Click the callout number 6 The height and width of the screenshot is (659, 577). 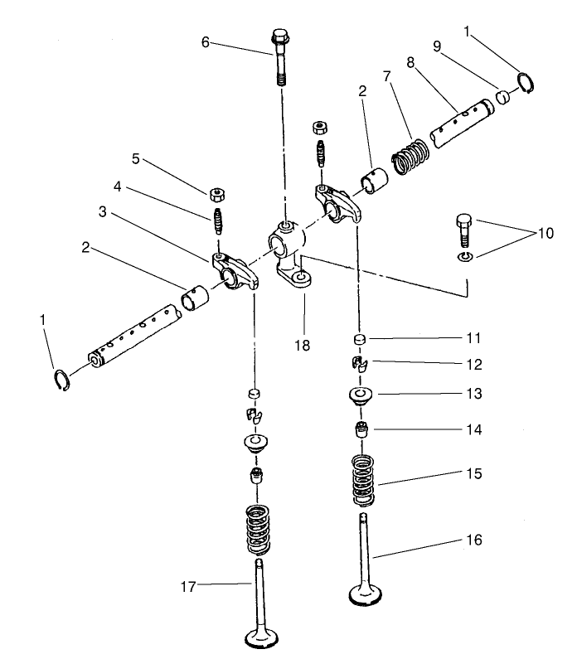(206, 42)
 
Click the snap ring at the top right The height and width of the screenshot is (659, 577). (525, 83)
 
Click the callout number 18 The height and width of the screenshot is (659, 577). (304, 344)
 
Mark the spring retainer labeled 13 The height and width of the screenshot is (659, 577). (360, 395)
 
